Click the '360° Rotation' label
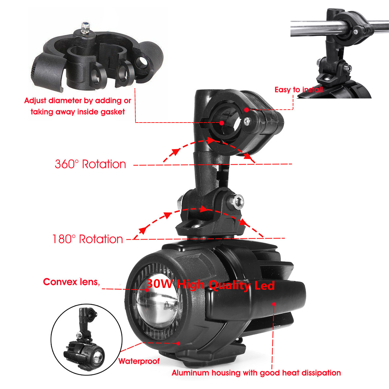pos(90,164)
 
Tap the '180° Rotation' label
pos(88,239)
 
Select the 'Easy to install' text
pos(299,90)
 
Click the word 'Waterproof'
pos(139,361)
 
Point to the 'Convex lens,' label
pos(71,282)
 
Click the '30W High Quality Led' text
pos(210,285)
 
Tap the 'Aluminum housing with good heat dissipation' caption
pos(256,373)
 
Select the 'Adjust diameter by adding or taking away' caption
pos(77,106)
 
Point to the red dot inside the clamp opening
pos(222,123)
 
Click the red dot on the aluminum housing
pos(274,304)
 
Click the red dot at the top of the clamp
pos(247,110)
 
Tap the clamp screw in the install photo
pos(356,32)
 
